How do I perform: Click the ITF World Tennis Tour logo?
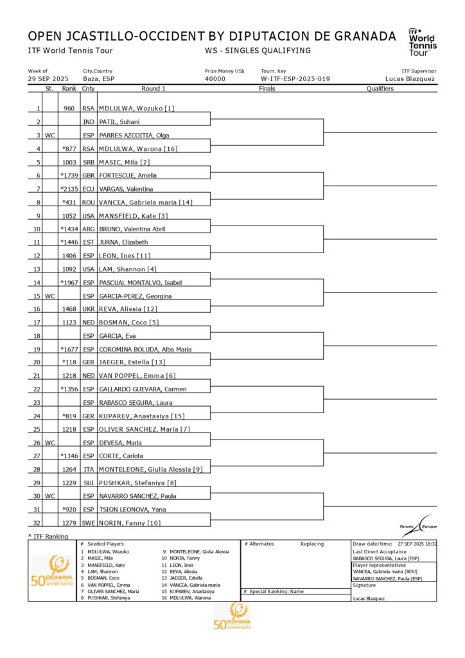(422, 42)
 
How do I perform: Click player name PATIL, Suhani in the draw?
(119, 122)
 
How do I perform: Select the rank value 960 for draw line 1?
(69, 109)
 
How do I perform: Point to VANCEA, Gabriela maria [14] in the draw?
(145, 202)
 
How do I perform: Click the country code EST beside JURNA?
(88, 242)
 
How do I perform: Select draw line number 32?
(37, 524)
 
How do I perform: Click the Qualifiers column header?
(380, 89)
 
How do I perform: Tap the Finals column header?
(267, 89)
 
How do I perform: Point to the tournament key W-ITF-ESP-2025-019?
(295, 79)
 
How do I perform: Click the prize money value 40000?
(215, 79)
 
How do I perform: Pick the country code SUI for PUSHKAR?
(88, 483)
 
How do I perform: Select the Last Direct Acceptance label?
(380, 552)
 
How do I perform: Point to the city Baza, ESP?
(99, 79)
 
